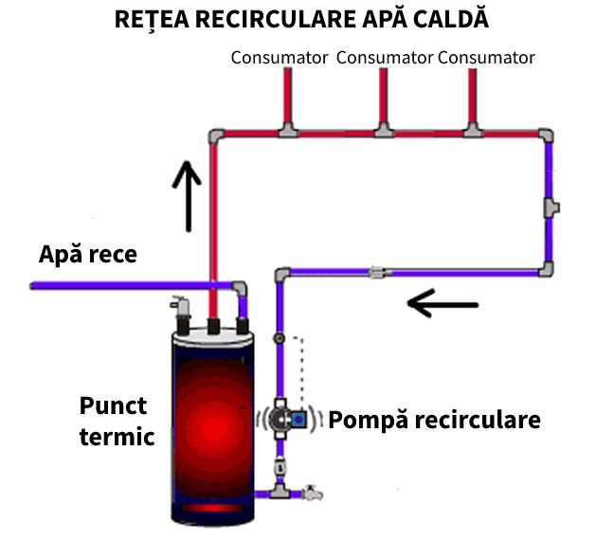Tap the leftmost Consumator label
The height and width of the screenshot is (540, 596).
(280, 58)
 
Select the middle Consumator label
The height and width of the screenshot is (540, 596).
(384, 58)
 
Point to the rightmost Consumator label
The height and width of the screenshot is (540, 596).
(486, 58)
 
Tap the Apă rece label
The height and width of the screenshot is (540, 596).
(88, 254)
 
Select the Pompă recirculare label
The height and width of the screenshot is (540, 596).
(435, 419)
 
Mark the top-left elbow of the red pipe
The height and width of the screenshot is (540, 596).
(215, 135)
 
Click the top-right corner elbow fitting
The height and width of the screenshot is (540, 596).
(548, 135)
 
